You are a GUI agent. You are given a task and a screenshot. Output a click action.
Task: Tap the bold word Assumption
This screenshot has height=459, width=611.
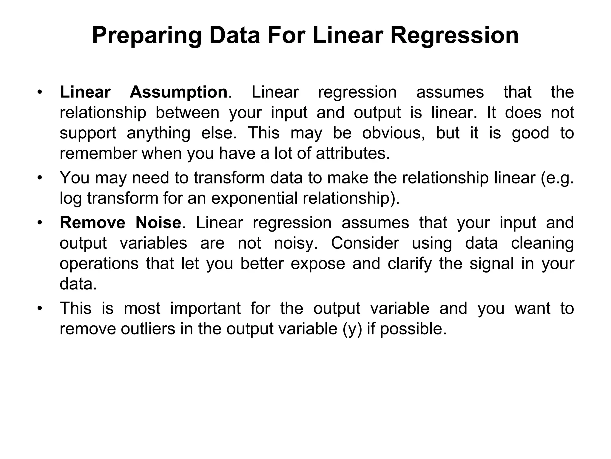pyautogui.click(x=179, y=92)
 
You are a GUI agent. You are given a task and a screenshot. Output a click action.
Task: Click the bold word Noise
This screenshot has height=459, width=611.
pyautogui.click(x=158, y=223)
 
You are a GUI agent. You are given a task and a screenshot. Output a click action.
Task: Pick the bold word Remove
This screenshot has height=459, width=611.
pyautogui.click(x=92, y=223)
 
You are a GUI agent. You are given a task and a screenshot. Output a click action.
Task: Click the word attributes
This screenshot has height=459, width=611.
pyautogui.click(x=353, y=154)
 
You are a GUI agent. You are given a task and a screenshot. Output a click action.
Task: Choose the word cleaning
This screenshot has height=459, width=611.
pyautogui.click(x=542, y=243)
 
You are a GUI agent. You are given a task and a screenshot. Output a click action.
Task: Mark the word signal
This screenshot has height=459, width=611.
pyautogui.click(x=492, y=264)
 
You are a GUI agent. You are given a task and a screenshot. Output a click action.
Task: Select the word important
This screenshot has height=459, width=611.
pyautogui.click(x=205, y=309)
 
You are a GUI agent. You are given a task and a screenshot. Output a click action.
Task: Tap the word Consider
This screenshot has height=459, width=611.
pyautogui.click(x=365, y=243)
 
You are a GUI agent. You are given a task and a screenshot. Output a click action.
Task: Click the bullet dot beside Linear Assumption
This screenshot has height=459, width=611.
pyautogui.click(x=39, y=92)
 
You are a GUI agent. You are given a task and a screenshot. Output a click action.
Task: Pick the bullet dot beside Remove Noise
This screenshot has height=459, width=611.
pyautogui.click(x=39, y=223)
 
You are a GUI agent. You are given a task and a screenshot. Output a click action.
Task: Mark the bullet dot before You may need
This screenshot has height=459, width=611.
pyautogui.click(x=39, y=178)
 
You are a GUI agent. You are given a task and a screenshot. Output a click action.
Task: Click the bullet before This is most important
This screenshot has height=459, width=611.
pyautogui.click(x=39, y=308)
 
